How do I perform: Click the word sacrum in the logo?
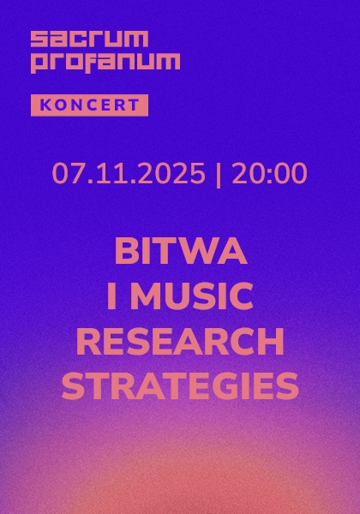(89, 39)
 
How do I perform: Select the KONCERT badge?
(89, 105)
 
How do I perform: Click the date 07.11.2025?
(129, 174)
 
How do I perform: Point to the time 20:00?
(268, 174)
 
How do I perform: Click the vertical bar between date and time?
(219, 174)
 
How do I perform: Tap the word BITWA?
(180, 253)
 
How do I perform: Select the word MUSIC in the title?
(194, 297)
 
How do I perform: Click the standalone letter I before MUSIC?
(111, 297)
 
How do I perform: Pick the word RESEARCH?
(180, 343)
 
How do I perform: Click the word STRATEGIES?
(180, 387)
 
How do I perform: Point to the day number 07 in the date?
(66, 174)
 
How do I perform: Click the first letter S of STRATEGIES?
(72, 387)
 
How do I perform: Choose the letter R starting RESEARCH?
(88, 343)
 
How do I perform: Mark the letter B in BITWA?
(126, 253)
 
